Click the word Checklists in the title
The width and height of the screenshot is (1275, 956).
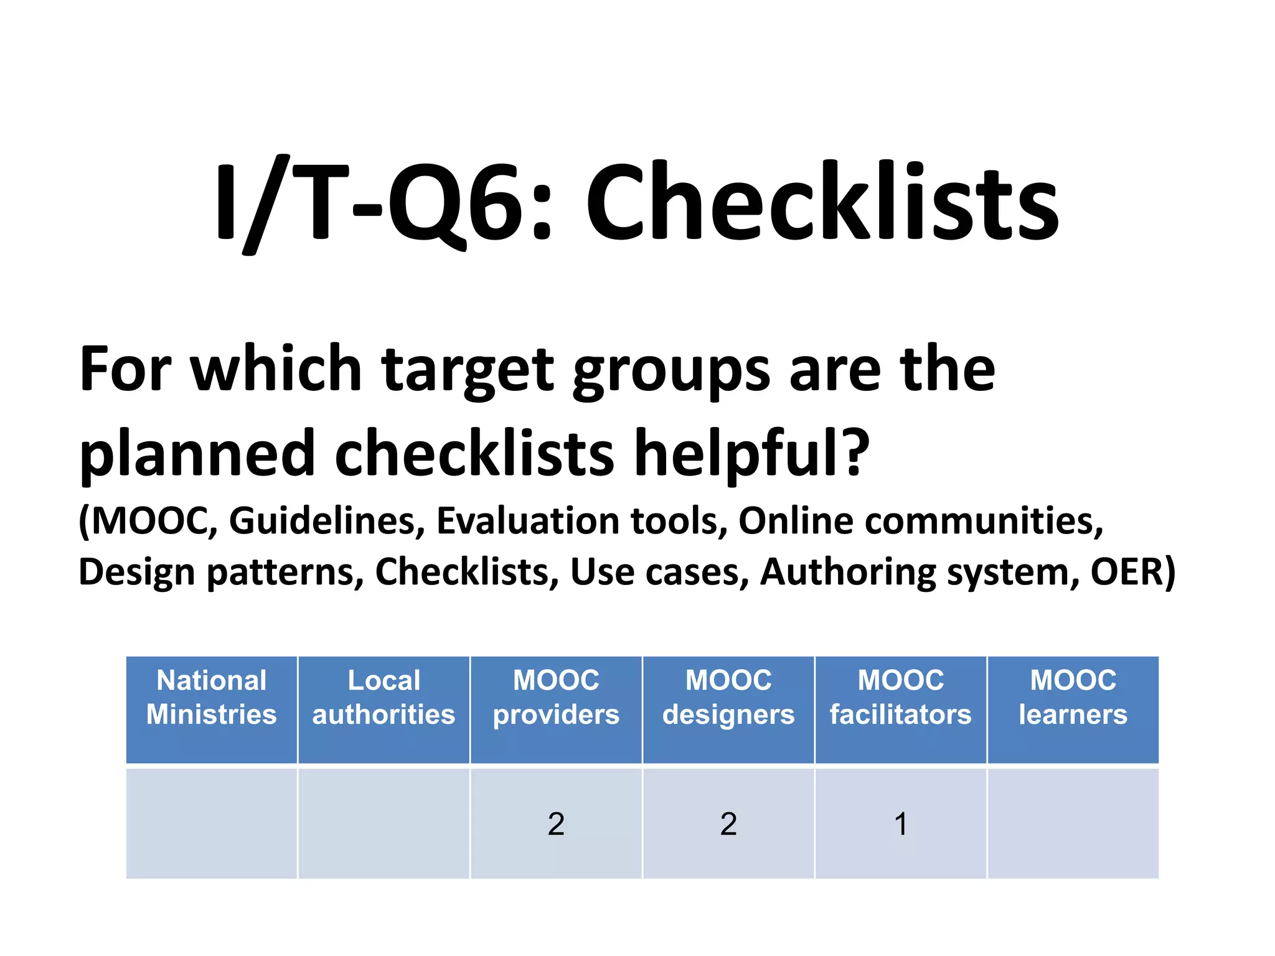[822, 202]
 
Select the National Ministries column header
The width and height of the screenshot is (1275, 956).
[212, 697]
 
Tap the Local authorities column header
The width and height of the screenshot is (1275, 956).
[383, 697]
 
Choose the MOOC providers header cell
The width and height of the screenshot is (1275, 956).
[556, 697]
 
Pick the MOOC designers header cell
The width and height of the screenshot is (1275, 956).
[728, 697]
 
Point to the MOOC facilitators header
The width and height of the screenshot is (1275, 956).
[900, 697]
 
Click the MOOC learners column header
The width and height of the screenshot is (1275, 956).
[1073, 697]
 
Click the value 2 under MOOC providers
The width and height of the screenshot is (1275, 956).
[556, 824]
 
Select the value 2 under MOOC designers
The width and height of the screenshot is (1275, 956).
[728, 824]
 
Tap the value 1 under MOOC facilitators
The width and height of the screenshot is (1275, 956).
[900, 824]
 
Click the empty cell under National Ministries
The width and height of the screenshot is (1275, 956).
[212, 824]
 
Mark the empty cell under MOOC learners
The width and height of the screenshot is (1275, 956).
[1073, 824]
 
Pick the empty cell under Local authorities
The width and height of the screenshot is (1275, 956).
[383, 824]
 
